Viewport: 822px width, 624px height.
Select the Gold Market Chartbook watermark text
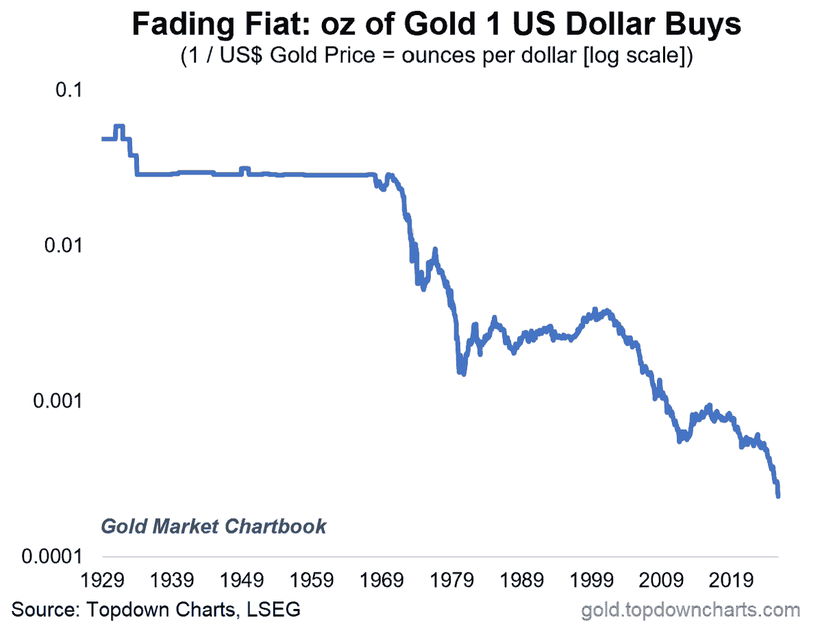coord(214,526)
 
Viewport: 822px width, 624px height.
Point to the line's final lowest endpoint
coord(778,495)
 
